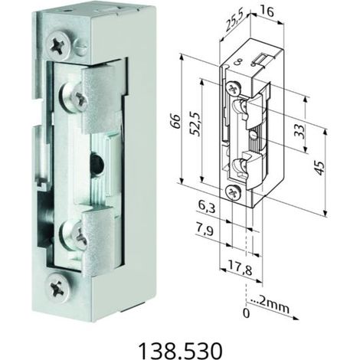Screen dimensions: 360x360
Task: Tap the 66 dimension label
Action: pyautogui.click(x=176, y=121)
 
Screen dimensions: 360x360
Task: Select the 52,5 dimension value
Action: pyautogui.click(x=195, y=123)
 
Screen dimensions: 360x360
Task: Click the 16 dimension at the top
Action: pyautogui.click(x=267, y=11)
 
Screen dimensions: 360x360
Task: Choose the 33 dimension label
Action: pyautogui.click(x=300, y=131)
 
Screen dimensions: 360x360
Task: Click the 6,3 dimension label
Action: pyautogui.click(x=207, y=208)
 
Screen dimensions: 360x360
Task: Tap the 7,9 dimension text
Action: pyautogui.click(x=205, y=231)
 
